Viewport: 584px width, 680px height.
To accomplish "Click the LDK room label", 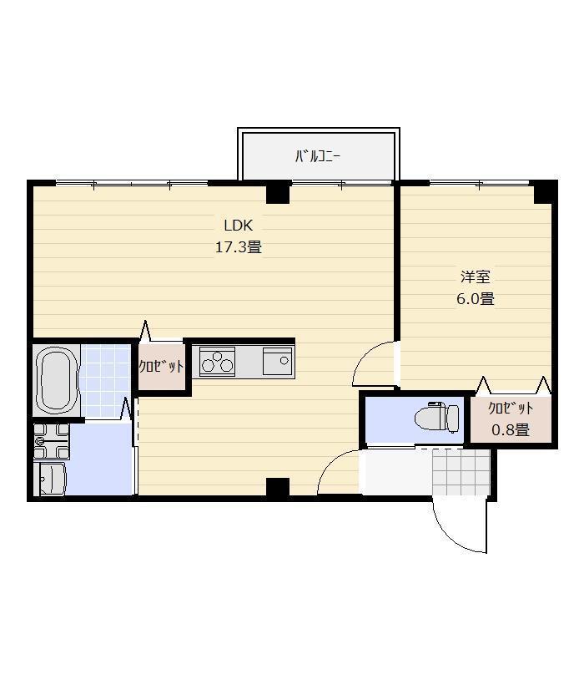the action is pos(239,226).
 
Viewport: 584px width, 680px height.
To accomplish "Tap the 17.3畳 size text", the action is pos(239,247).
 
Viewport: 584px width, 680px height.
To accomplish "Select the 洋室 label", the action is pos(476,277).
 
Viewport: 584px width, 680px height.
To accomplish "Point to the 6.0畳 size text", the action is pos(476,299).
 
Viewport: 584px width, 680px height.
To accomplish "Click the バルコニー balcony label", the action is pos(318,156).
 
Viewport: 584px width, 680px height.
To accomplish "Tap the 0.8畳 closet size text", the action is pos(511,429).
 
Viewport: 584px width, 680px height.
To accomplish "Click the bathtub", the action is pos(55,380).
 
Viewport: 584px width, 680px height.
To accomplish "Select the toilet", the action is pos(436,417).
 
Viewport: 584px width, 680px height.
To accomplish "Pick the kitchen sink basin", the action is pos(278,361).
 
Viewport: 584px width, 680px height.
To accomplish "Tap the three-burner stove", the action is pos(217,361).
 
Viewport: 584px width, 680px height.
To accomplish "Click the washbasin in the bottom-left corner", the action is pos(52,479).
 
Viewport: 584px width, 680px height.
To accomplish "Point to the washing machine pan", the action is pos(52,441).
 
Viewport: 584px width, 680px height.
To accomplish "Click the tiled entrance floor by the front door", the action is pos(461,472).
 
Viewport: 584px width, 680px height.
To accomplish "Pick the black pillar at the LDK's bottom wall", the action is pos(278,487).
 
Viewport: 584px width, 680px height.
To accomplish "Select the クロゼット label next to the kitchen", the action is pos(161,367).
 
